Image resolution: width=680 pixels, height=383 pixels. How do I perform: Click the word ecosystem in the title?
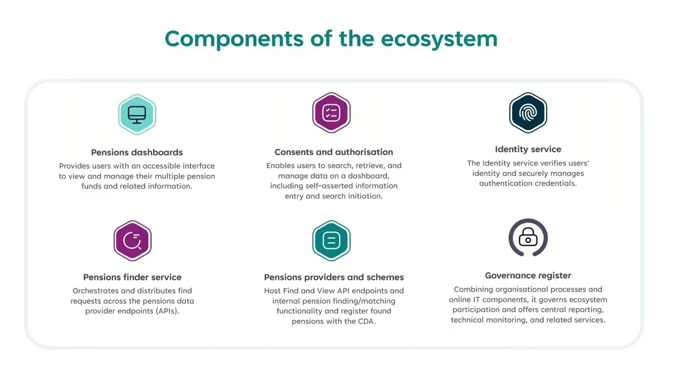pyautogui.click(x=439, y=39)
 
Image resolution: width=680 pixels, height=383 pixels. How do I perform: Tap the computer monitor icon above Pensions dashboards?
pyautogui.click(x=137, y=114)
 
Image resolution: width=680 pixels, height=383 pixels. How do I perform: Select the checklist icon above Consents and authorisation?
pyautogui.click(x=331, y=113)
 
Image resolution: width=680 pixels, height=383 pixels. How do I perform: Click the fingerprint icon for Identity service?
pyautogui.click(x=528, y=113)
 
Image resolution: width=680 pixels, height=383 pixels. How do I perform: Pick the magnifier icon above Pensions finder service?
pyautogui.click(x=132, y=241)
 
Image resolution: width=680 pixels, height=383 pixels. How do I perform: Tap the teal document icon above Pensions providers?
pyautogui.click(x=331, y=241)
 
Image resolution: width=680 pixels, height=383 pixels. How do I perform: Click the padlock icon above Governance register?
pyautogui.click(x=528, y=238)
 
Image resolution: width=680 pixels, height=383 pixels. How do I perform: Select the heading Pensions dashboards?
pyautogui.click(x=137, y=153)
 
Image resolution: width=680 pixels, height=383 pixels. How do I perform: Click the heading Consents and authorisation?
pyautogui.click(x=334, y=152)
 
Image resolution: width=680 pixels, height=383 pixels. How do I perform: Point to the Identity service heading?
pyautogui.click(x=528, y=149)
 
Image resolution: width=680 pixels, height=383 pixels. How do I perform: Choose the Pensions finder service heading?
pyautogui.click(x=132, y=277)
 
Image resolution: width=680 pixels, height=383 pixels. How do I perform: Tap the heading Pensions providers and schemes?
pyautogui.click(x=334, y=277)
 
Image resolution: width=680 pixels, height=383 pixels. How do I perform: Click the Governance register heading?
pyautogui.click(x=528, y=276)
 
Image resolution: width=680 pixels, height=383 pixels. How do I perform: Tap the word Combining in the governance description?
pyautogui.click(x=472, y=289)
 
